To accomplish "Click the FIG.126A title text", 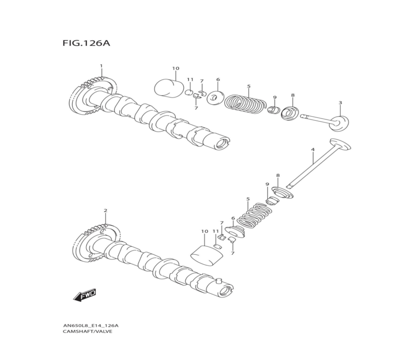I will click(86, 43).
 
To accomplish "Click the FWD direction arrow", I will click(85, 295).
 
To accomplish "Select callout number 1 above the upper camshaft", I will click(101, 66).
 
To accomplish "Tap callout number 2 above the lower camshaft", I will click(105, 210).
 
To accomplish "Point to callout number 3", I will click(340, 103).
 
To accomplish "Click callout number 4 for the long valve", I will click(312, 150).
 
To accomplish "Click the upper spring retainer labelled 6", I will click(215, 98).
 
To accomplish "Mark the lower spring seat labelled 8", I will click(283, 192).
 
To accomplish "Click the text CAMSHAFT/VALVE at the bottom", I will click(87, 331).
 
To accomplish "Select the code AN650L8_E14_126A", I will click(91, 326).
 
